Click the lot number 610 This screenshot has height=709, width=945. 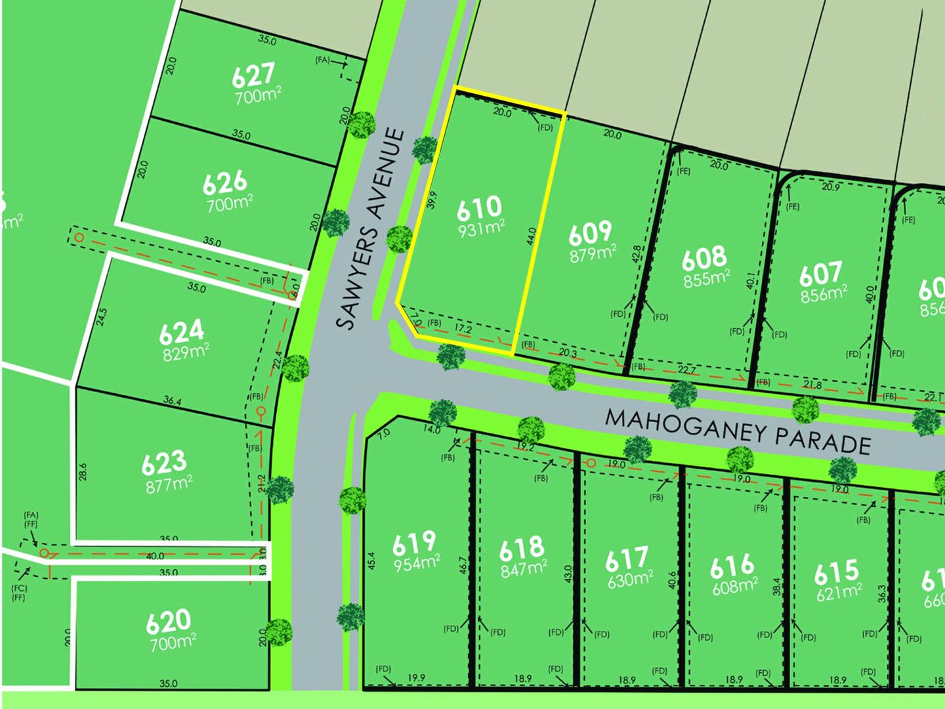(x=479, y=208)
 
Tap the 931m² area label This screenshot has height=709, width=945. (x=482, y=228)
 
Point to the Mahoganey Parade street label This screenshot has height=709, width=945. (x=738, y=432)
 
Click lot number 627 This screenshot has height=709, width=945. (x=253, y=75)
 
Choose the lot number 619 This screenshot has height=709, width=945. (x=414, y=542)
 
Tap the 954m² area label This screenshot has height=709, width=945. (x=416, y=563)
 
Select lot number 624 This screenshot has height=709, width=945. (x=181, y=332)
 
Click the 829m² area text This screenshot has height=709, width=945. (x=186, y=352)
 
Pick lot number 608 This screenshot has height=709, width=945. (x=704, y=258)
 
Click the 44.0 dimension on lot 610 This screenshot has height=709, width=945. (x=532, y=236)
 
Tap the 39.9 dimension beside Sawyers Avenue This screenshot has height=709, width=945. (x=431, y=200)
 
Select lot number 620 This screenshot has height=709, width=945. (x=169, y=620)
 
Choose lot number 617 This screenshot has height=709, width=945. (x=627, y=559)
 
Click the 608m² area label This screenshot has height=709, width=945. (x=735, y=585)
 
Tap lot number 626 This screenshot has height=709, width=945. (x=225, y=183)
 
